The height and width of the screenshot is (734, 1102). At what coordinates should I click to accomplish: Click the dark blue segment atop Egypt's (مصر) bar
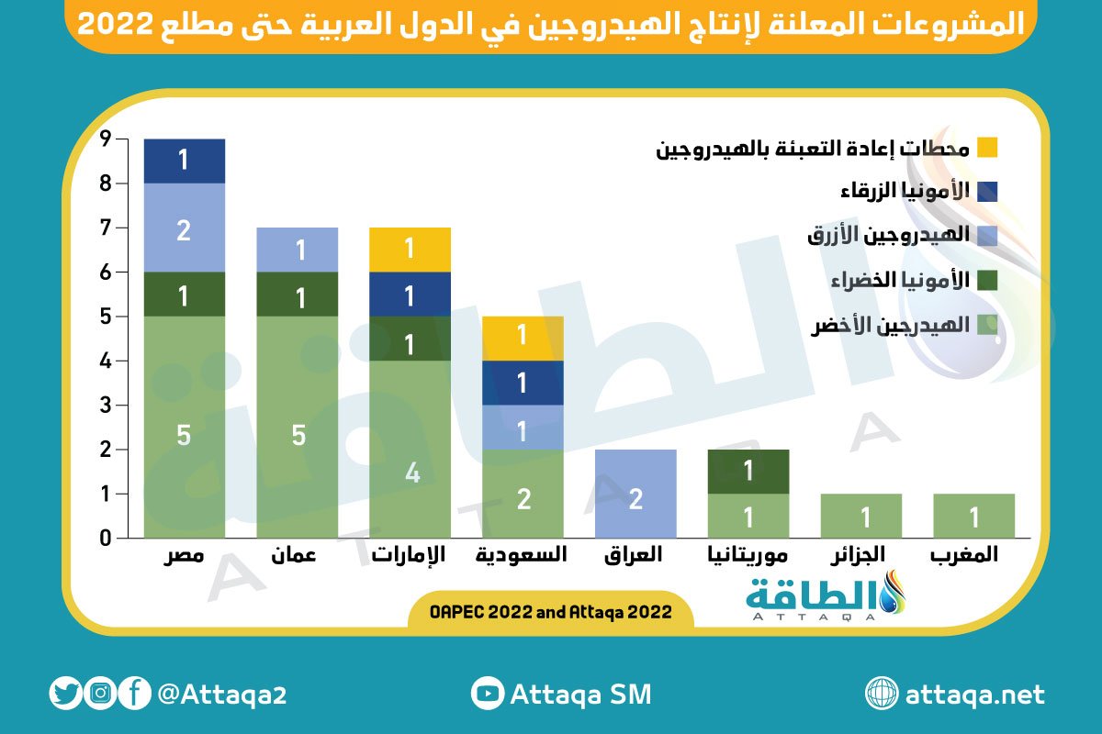185,161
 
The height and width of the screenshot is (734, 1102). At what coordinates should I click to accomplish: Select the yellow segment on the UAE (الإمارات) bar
410,250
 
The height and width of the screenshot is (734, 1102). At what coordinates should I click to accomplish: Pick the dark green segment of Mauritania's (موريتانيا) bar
748,472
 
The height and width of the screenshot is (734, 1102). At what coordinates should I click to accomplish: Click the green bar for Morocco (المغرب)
973,516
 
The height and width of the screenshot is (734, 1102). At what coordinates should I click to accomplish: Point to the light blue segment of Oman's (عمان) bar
297,250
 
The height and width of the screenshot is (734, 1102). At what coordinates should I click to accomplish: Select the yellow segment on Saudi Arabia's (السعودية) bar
523,339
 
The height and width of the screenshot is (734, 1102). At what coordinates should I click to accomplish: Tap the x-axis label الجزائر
860,555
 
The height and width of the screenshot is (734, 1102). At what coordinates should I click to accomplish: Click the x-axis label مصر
185,555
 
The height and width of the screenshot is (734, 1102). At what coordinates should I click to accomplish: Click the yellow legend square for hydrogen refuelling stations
987,147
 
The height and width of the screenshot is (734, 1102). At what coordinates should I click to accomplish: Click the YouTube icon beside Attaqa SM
487,694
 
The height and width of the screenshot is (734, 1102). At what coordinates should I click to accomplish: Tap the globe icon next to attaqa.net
883,694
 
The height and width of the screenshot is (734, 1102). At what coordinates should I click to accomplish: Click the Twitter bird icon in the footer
65,694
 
